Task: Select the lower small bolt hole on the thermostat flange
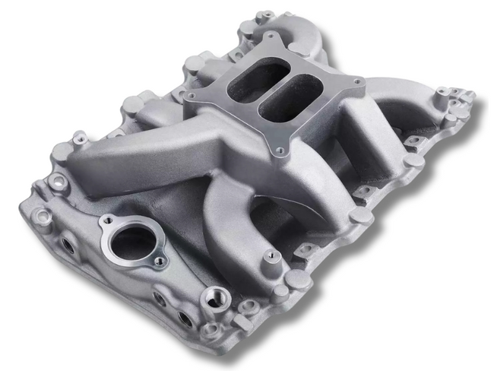coord(159,262)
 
